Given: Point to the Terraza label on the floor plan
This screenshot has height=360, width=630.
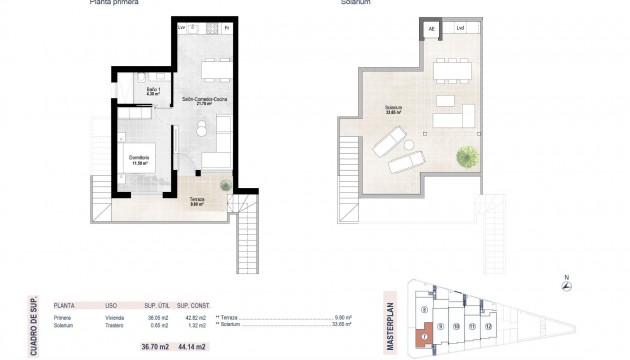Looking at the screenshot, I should click(198, 202).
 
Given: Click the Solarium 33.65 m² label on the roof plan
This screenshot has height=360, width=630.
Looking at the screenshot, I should click(392, 110).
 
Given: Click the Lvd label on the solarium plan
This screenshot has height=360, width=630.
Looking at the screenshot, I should click(460, 29).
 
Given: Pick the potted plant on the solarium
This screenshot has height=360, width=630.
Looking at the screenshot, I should click(467, 156).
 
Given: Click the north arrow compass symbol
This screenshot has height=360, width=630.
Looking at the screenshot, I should click(567, 286).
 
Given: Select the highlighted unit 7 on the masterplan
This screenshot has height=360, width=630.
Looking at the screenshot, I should click(424, 337).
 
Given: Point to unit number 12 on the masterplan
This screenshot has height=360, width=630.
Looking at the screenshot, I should click(488, 326).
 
